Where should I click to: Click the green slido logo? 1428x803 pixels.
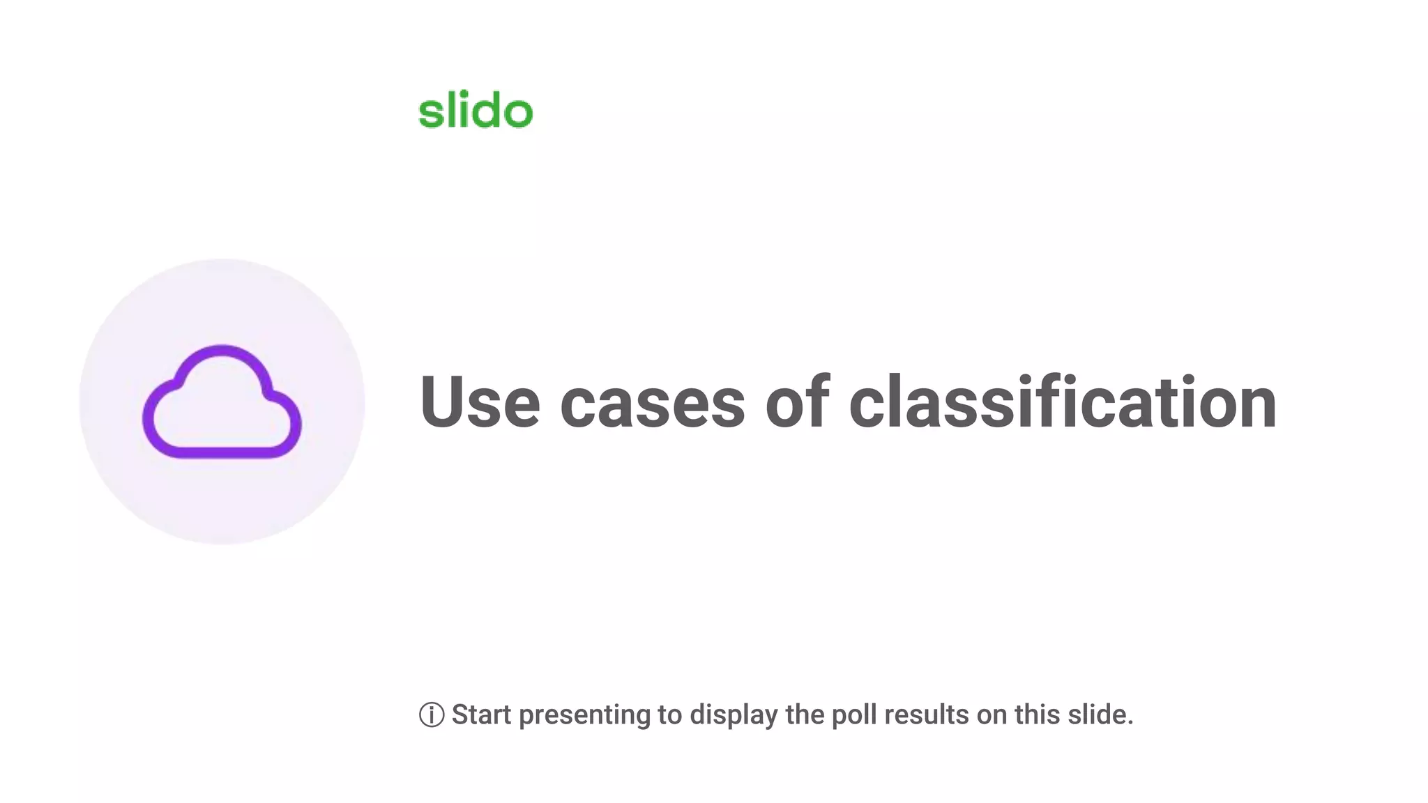pos(475,111)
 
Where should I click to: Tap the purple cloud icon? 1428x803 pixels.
pos(222,402)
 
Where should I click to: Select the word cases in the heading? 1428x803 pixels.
pos(653,404)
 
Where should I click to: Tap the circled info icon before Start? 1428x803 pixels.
pos(432,715)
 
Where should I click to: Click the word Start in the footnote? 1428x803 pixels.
pos(482,714)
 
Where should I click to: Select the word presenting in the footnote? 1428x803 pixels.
pos(584,716)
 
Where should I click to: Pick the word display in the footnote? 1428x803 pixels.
pos(734,716)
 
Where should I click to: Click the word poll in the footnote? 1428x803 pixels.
pos(854,714)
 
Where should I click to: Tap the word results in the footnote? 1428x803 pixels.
pos(927,714)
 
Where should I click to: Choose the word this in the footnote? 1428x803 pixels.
pos(1038,714)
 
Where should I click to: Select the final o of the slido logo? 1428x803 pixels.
pos(518,114)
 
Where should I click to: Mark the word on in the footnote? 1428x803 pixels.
pos(992,716)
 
